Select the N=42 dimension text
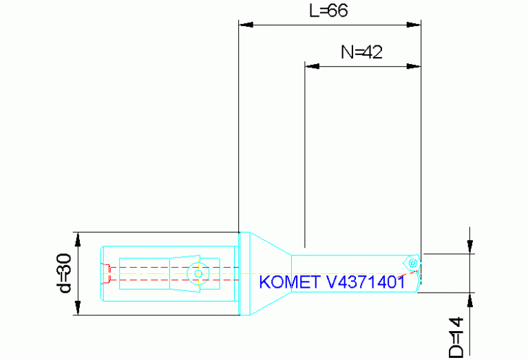(361, 52)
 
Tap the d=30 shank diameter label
(64, 273)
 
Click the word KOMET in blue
(284, 282)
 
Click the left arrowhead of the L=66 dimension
(246, 25)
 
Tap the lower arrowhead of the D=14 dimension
(469, 300)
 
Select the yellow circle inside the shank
(198, 273)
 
